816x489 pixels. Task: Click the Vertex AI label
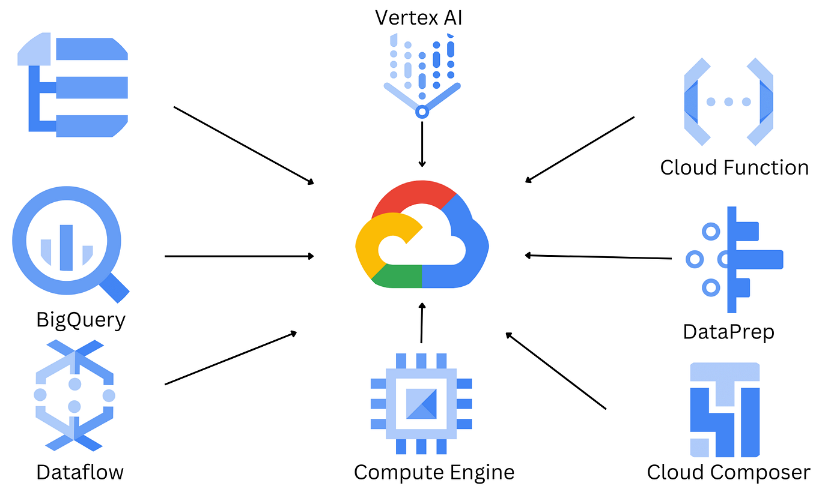pos(419,17)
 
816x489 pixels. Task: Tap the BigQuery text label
pos(81,319)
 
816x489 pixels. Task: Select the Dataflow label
pos(80,472)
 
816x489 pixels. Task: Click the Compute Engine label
pos(434,472)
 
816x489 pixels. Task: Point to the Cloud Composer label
pos(728,472)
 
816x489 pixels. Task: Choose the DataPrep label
pos(728,331)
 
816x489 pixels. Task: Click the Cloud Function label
pos(734,167)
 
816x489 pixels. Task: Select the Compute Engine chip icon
pos(421,403)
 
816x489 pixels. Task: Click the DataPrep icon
pos(733,260)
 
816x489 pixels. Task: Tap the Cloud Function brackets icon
pos(728,101)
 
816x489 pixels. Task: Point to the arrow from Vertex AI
pos(422,144)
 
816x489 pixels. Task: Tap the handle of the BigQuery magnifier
pos(114,287)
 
